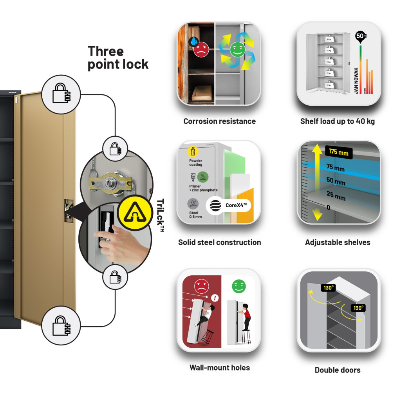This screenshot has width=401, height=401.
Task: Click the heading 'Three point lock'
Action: click(x=118, y=58)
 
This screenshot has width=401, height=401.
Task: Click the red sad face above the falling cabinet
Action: click(x=201, y=286)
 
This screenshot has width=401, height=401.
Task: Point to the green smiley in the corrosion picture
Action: click(x=237, y=49)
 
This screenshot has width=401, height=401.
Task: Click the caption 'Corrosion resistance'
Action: click(x=219, y=121)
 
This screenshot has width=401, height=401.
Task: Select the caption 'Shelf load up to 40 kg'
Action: click(x=337, y=121)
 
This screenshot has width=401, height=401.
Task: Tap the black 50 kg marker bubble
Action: click(x=361, y=36)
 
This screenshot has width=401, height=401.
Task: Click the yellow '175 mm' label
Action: click(x=338, y=152)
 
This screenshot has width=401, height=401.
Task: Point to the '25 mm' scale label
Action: click(x=336, y=196)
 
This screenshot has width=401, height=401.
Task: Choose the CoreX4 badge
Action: click(x=228, y=205)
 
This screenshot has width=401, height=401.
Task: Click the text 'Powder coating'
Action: click(x=196, y=163)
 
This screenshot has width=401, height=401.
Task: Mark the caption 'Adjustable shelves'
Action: click(x=337, y=242)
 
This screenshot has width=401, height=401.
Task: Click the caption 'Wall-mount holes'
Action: click(x=219, y=368)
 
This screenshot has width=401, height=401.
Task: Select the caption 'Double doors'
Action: click(x=337, y=370)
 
